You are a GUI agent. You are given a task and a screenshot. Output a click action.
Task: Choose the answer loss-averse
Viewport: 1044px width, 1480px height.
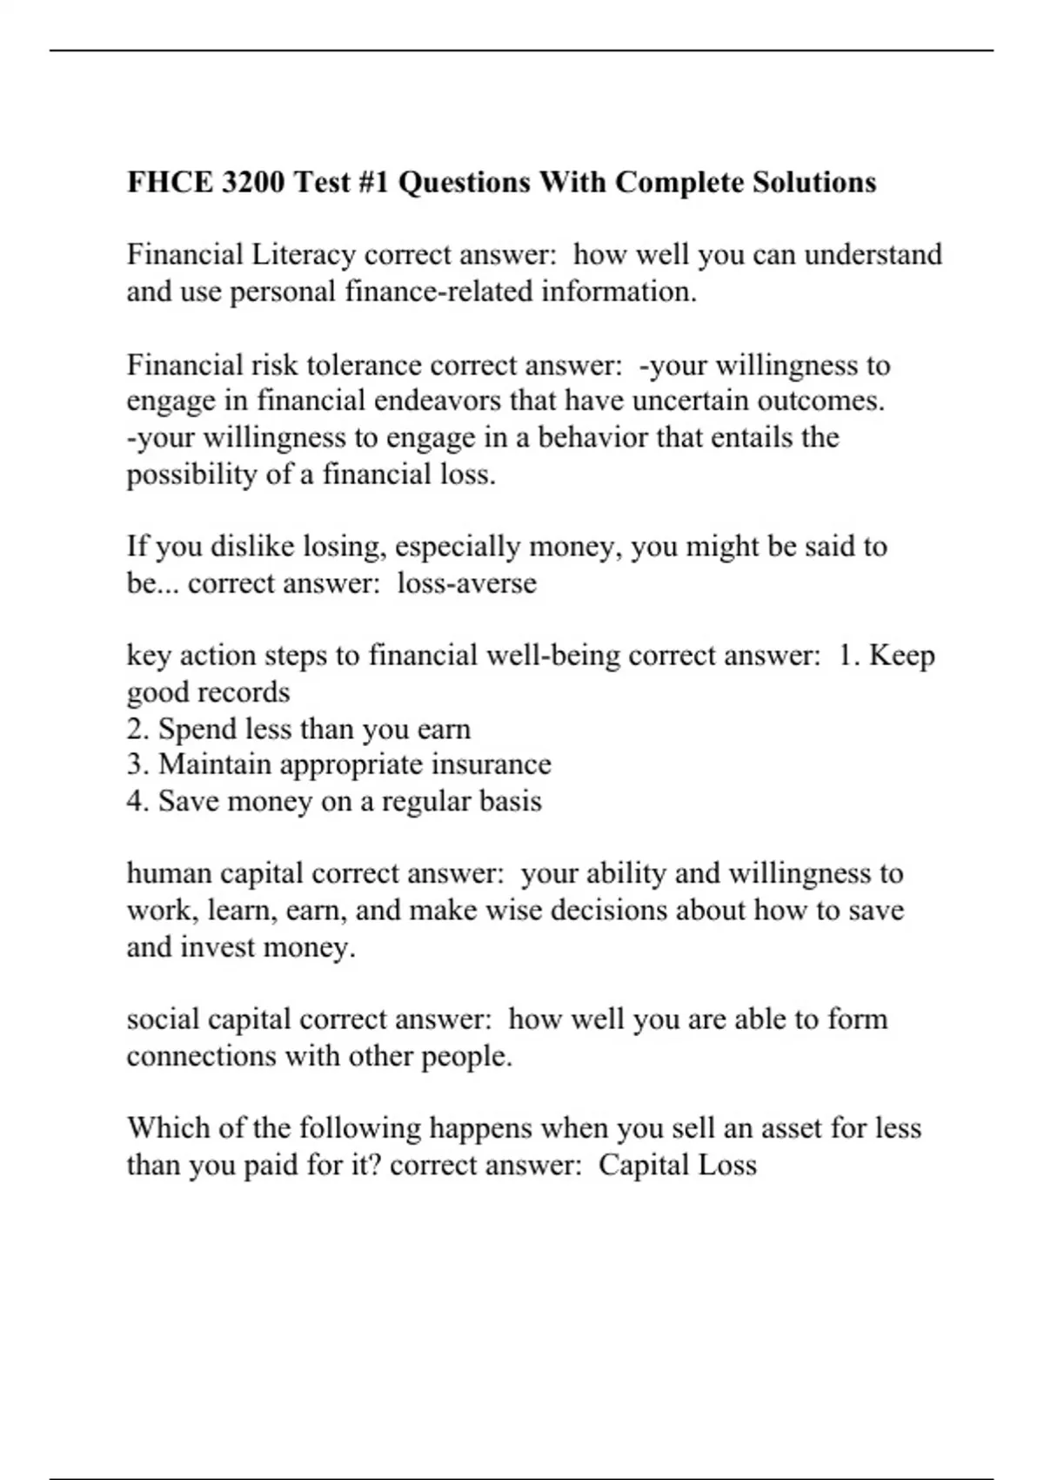[x=467, y=582]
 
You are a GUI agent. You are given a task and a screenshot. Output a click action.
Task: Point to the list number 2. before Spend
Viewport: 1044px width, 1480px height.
[x=138, y=729]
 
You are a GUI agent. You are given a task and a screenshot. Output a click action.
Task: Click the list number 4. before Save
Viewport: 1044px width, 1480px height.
[x=138, y=801]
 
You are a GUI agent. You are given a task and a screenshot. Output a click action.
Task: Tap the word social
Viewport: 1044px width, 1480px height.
[x=163, y=1019]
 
